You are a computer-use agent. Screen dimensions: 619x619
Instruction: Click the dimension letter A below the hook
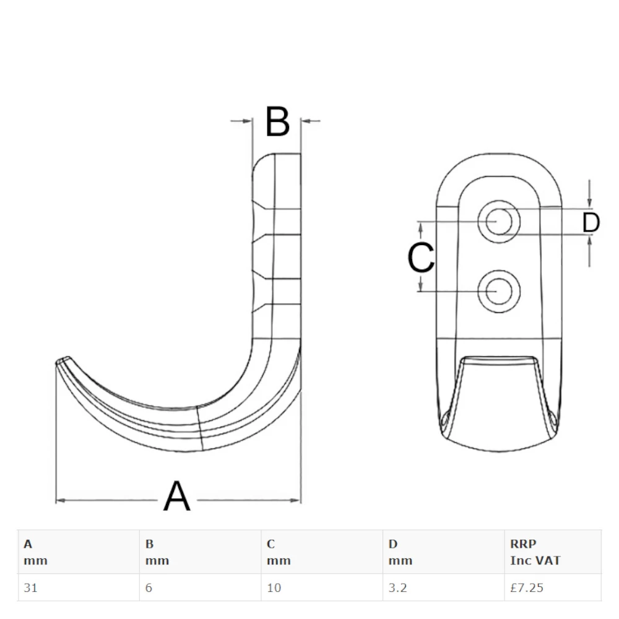tap(177, 496)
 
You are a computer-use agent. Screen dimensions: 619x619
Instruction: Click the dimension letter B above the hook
tap(277, 122)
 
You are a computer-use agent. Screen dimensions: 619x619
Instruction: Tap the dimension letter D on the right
tap(591, 223)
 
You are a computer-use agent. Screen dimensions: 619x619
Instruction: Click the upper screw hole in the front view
tap(498, 220)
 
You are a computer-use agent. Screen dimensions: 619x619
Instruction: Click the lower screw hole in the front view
tap(498, 292)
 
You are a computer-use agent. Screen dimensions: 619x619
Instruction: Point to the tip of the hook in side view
tap(62, 361)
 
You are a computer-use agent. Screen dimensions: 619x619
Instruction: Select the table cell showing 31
tap(31, 587)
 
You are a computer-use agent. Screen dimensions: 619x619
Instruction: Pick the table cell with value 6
tap(149, 587)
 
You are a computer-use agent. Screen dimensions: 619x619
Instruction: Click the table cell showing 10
tap(274, 587)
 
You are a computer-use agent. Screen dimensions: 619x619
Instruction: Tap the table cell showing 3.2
tap(397, 587)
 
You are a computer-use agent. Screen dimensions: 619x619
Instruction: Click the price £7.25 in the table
tap(527, 587)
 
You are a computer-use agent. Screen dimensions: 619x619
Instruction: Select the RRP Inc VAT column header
tap(535, 552)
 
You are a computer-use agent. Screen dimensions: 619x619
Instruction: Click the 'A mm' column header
tap(35, 552)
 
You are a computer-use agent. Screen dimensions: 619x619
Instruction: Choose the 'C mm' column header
tap(279, 552)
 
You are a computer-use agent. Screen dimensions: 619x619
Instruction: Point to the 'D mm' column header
tap(400, 552)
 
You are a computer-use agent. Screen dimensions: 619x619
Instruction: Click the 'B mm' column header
tap(157, 552)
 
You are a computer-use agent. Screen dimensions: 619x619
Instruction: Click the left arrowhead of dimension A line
tap(61, 500)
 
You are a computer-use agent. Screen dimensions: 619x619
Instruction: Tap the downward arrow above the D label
tap(590, 202)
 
